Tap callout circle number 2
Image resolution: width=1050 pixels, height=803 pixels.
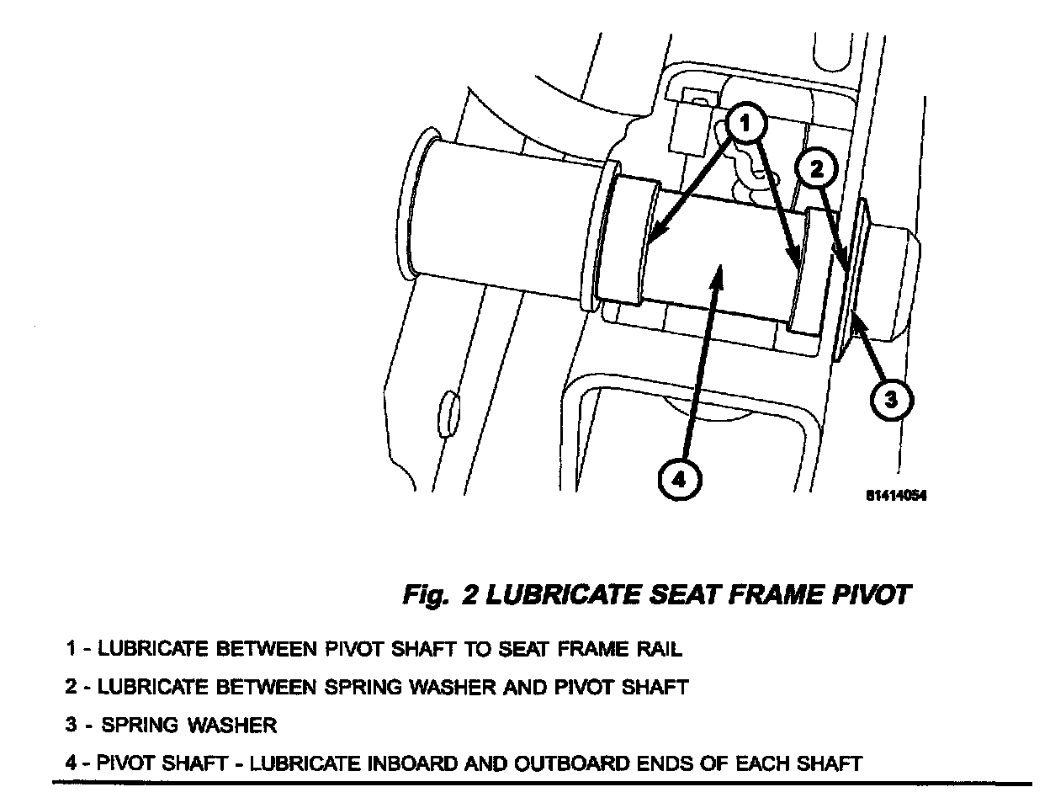(816, 169)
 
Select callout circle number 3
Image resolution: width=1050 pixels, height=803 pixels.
(892, 399)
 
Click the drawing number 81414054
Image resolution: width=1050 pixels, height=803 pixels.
(896, 495)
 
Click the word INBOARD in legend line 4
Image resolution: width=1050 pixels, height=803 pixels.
(412, 763)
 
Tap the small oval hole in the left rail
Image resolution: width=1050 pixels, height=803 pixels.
(448, 414)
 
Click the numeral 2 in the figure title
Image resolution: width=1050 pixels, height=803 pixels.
(470, 595)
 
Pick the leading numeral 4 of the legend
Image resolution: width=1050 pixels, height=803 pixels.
(71, 763)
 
